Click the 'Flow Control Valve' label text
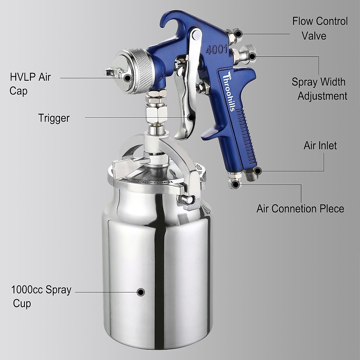[320, 28]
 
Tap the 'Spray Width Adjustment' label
[319, 89]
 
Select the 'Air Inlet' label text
[320, 146]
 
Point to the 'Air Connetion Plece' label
[300, 209]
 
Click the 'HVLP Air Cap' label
[30, 84]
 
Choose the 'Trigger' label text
[54, 118]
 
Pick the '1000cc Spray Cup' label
[41, 296]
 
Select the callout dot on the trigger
[191, 117]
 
